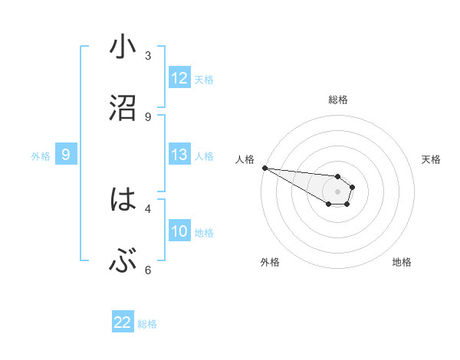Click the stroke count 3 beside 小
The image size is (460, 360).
148,55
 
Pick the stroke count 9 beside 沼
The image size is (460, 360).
148,116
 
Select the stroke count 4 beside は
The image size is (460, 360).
148,208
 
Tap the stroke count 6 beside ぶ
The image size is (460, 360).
148,270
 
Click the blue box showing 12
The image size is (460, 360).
179,78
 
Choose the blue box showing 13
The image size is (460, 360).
179,155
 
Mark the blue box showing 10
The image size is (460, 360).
179,231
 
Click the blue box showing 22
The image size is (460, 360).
123,322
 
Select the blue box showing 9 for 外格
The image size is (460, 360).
66,155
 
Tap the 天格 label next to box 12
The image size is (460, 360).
204,79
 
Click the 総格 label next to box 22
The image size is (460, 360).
147,324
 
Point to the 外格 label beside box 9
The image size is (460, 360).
41,156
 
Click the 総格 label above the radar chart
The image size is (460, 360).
337,100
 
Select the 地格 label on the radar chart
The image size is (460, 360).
402,262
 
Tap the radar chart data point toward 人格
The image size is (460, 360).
264,168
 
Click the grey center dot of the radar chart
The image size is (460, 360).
337,191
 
